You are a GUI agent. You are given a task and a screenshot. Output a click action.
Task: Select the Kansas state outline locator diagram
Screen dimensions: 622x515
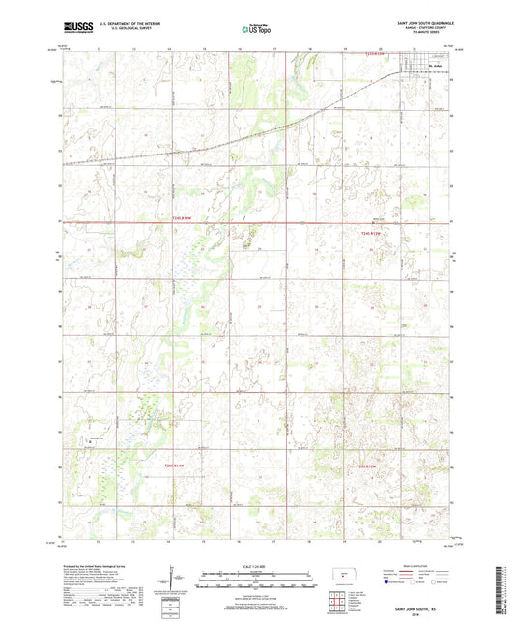(x=341, y=578)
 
